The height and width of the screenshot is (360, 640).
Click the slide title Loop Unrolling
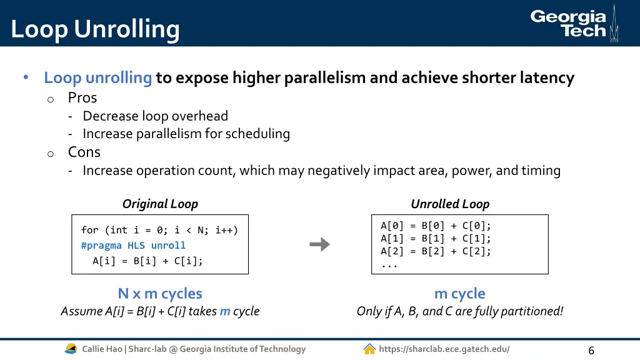coord(95,29)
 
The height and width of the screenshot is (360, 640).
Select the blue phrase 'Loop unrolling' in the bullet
coord(98,77)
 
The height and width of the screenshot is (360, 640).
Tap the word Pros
coord(82,97)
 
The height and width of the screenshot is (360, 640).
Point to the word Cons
coord(84,152)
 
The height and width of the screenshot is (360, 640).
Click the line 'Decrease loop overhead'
coord(155,116)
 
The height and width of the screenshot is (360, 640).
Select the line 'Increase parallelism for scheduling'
coord(186,134)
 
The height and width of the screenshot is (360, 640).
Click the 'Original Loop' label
coord(160,204)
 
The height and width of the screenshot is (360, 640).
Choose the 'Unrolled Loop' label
coord(450,204)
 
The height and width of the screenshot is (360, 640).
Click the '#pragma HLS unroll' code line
coord(133,246)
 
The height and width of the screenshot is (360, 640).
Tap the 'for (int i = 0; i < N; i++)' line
coord(159,230)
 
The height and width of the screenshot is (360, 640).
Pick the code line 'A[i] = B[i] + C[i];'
coord(147,261)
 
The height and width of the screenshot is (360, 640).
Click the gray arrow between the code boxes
coord(320,244)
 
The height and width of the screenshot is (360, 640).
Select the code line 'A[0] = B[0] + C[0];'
coord(436,226)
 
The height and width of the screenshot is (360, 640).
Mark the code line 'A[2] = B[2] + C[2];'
coord(436,251)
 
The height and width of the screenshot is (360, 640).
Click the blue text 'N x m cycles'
coord(160,293)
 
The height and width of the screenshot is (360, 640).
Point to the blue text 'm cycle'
coord(459,293)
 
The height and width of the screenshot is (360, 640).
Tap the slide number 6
coord(591,350)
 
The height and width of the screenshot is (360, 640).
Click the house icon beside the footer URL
coord(369,349)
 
